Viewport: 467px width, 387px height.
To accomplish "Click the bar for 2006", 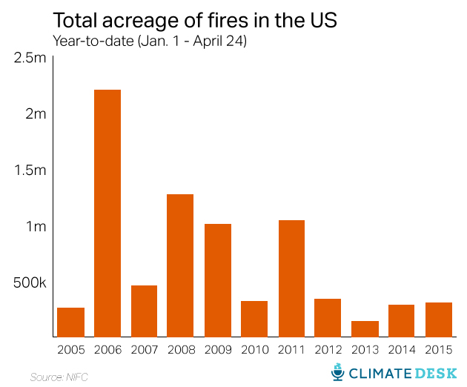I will [107, 214].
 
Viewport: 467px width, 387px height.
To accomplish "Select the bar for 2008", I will [180, 265].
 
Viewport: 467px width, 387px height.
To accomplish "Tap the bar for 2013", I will [365, 329].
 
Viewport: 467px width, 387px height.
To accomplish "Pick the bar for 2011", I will [291, 279].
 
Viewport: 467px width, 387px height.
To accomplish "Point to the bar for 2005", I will [70, 322].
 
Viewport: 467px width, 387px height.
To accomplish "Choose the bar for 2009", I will [217, 280].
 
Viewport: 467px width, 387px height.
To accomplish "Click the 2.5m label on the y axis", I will [30, 58].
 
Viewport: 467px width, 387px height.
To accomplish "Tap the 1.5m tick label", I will [30, 170].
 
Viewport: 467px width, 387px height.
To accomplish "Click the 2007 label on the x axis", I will [144, 348].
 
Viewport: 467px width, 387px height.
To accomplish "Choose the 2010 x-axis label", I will [254, 348].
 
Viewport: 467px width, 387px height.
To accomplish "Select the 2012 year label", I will [328, 348].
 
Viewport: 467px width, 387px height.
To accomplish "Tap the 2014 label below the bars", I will [401, 348].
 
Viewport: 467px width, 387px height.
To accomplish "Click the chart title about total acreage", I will [194, 19].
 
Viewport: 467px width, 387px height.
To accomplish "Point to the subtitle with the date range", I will [149, 41].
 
